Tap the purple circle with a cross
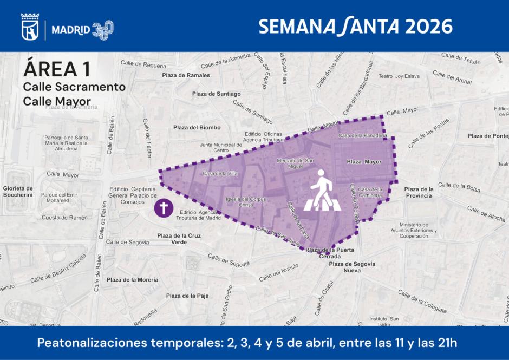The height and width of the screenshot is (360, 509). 164,208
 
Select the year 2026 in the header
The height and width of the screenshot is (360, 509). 428,26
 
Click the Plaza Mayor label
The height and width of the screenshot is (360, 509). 364,162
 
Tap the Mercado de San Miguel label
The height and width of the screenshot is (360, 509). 295,163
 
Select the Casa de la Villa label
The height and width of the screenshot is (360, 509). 220,173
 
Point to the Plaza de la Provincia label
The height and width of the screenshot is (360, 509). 419,192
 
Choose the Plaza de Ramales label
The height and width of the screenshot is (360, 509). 186,75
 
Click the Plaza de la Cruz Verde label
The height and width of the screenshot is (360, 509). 179,239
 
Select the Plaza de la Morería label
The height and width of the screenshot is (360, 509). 133,280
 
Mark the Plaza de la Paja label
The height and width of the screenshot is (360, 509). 187,296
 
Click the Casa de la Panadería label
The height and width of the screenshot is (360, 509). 362,135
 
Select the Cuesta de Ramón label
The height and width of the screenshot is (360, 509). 64,218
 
